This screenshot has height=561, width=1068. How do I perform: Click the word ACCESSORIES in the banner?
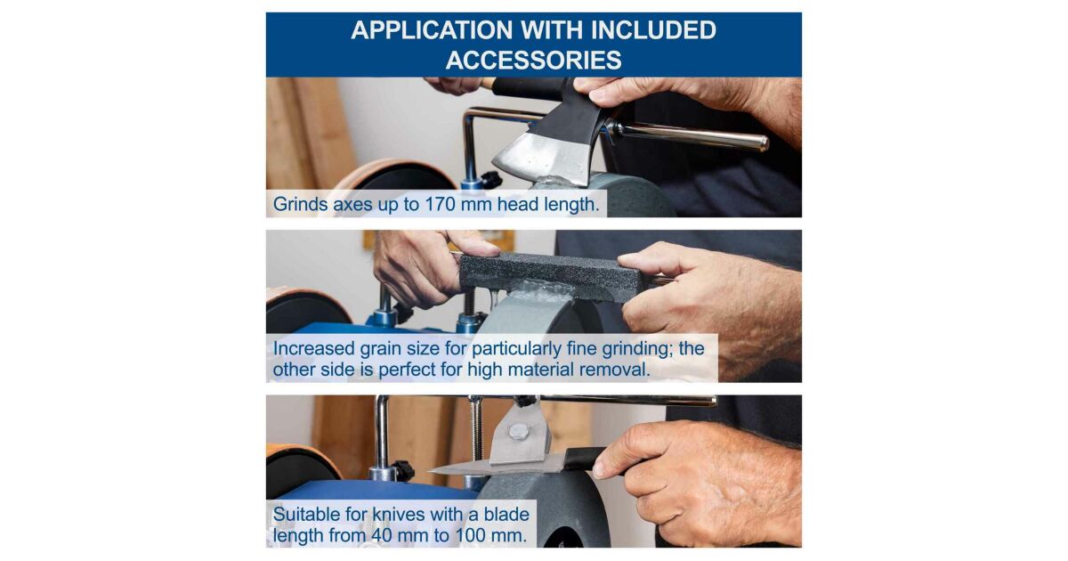[533, 61]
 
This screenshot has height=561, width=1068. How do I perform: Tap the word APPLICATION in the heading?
[432, 30]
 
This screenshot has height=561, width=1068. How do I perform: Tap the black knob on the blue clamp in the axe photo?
[491, 179]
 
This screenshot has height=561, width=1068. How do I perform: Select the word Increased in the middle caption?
[313, 349]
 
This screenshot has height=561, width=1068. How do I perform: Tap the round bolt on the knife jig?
[518, 432]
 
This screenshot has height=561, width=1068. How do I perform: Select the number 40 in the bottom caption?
[382, 536]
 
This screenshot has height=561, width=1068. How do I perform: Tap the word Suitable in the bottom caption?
[306, 515]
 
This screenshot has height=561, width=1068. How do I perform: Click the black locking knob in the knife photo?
[402, 470]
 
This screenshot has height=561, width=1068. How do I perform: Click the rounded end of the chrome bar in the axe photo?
[761, 142]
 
